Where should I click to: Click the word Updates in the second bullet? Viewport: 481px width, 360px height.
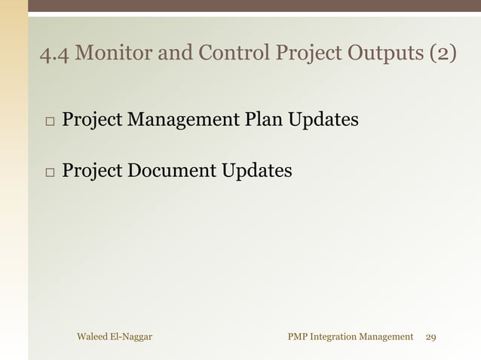(x=257, y=171)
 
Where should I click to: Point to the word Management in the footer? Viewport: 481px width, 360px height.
(x=388, y=337)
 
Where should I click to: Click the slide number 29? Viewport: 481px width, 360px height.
(x=431, y=337)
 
